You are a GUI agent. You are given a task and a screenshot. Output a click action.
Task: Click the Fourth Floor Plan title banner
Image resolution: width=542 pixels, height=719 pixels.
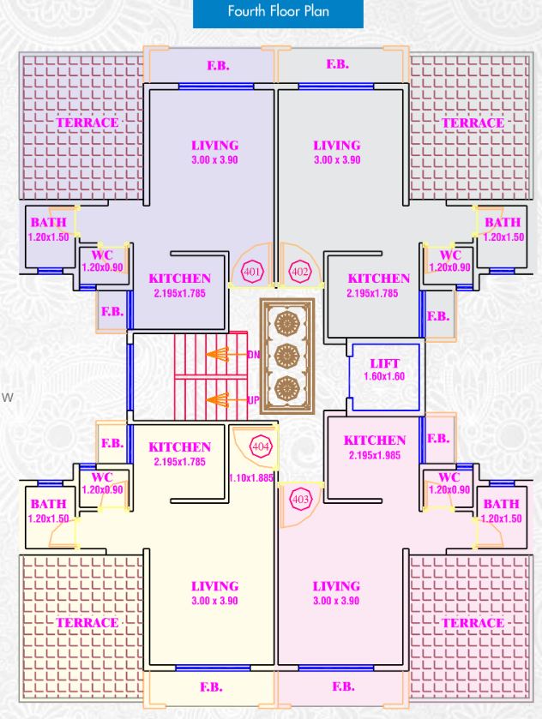(278, 12)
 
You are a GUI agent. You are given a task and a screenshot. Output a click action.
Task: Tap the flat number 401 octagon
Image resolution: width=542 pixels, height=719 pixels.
(251, 273)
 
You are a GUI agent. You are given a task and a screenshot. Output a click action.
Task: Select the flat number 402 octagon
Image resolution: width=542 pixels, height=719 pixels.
(299, 273)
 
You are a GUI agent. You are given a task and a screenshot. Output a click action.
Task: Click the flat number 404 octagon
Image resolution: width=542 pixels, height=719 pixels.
(260, 446)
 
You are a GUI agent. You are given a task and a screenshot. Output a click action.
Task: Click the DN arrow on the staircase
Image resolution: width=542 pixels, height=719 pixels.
(225, 354)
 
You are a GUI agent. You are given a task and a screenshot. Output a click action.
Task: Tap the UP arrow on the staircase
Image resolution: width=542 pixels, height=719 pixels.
(225, 399)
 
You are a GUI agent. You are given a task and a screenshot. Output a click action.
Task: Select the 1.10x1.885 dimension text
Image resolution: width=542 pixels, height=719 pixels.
(250, 478)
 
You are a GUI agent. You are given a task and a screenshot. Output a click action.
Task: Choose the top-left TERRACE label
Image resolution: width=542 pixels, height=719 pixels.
(87, 123)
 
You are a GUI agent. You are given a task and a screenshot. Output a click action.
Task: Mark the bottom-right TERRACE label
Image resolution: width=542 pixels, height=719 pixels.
(473, 622)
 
